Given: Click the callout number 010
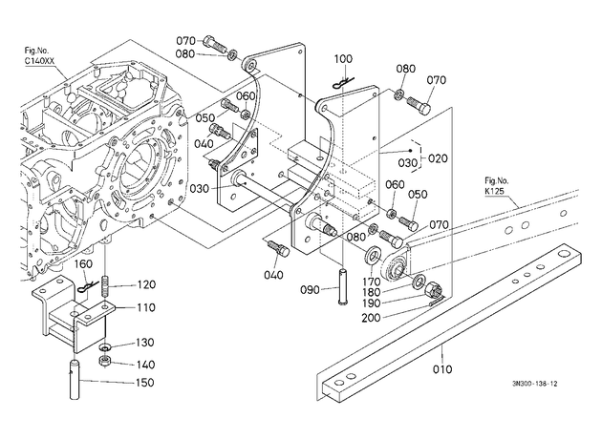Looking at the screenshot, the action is (x=442, y=369).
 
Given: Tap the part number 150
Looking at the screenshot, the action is (x=144, y=383).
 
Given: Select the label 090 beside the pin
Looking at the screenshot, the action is (x=311, y=290).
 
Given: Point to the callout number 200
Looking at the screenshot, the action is (x=371, y=318).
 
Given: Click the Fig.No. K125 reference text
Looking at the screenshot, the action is (x=496, y=185).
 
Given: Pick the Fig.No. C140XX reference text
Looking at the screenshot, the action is (x=39, y=55).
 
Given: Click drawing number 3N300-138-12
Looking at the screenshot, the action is (x=534, y=384).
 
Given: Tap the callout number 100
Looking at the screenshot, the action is (x=343, y=59).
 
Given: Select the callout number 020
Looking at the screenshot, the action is (x=438, y=158).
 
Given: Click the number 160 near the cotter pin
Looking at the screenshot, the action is (x=83, y=264).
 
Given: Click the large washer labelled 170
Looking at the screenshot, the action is (x=372, y=256).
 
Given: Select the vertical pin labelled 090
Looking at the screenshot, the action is (x=343, y=287).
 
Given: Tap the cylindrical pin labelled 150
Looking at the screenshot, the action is (x=75, y=379).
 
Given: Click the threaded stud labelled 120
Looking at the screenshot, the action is (x=105, y=286).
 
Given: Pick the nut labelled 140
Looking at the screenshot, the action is (x=104, y=361).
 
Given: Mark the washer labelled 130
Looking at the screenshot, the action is (x=104, y=347).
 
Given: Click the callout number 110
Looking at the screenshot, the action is (x=145, y=307).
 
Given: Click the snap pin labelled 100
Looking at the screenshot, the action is (x=343, y=83).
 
